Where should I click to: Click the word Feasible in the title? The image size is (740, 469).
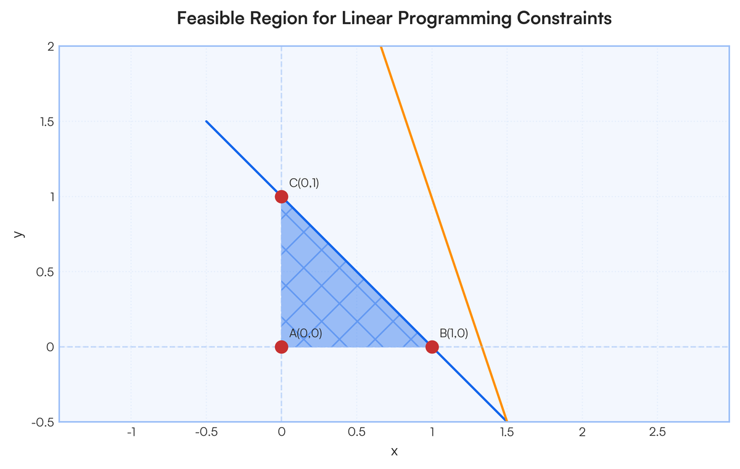(x=210, y=18)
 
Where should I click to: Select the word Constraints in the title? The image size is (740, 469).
(x=564, y=18)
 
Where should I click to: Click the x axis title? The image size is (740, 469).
(x=394, y=452)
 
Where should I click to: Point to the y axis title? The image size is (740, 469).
(x=19, y=234)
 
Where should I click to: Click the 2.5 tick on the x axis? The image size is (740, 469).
(x=657, y=431)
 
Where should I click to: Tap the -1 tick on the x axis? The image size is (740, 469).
(x=131, y=431)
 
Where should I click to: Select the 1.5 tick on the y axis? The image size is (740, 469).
(x=47, y=122)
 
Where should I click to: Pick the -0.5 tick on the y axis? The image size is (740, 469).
(x=43, y=422)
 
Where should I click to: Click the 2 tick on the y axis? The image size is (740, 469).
(x=51, y=47)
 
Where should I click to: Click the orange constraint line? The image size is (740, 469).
(x=443, y=234)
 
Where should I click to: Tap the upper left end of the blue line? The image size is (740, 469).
(x=207, y=121)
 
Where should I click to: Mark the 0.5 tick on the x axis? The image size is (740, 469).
(x=357, y=431)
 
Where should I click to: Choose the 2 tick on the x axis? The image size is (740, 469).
(x=582, y=431)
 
